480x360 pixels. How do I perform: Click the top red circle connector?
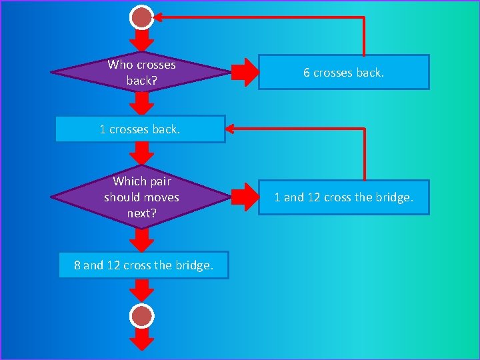pos(142,17)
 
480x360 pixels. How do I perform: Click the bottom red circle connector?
pos(142,315)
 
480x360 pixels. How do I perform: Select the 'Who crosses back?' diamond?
pos(141,73)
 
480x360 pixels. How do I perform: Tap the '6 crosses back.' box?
pos(343,72)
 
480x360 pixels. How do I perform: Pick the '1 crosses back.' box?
pos(140,129)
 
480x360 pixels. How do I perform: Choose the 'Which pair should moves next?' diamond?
pos(141,197)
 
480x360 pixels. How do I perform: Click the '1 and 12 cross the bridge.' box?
pos(343,197)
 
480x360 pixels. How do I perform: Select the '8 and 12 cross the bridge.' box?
pos(143,265)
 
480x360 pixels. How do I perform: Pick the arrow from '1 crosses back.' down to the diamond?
pos(141,153)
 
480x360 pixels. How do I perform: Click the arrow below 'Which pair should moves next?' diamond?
pos(141,238)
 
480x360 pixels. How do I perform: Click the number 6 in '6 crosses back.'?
pos(307,73)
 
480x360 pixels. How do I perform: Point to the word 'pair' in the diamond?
pos(161,181)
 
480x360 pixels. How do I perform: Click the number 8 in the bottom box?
pos(77,265)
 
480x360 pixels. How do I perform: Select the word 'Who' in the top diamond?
pos(121,65)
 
